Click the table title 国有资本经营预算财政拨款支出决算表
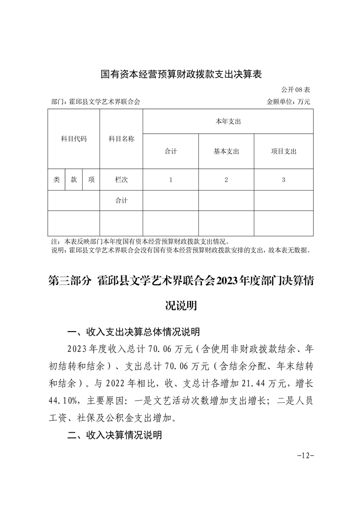[181, 74]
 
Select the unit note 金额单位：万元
[288, 102]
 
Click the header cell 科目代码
[74, 139]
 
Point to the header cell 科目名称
[121, 139]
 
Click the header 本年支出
[228, 122]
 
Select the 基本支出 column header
[226, 152]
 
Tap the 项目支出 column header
[283, 152]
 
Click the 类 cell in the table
[57, 180]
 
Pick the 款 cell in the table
[74, 180]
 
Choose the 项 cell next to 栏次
[91, 180]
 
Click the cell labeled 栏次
[121, 180]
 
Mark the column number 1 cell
[171, 180]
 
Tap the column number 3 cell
[283, 180]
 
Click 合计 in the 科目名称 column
[121, 201]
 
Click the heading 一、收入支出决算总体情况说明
[133, 333]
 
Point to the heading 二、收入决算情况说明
[114, 436]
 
